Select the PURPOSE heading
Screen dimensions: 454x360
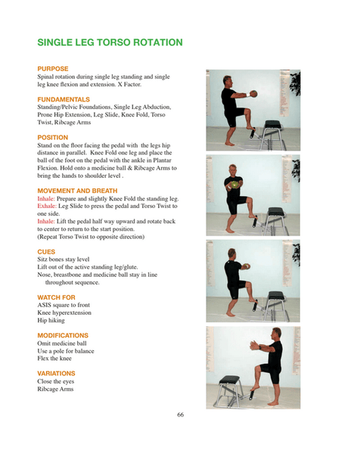(x=53, y=69)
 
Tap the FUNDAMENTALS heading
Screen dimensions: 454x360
(x=64, y=99)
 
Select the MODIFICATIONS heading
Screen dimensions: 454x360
(x=63, y=335)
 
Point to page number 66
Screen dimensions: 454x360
(x=180, y=414)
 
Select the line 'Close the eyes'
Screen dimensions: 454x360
(x=55, y=381)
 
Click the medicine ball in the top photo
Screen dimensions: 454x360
(x=254, y=94)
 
